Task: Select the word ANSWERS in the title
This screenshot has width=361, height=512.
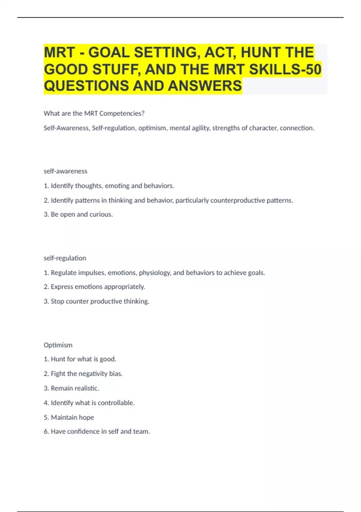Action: point(205,86)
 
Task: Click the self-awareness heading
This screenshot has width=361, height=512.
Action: point(65,171)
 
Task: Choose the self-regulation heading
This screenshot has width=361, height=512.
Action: point(65,258)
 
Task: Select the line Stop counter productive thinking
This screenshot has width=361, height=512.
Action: point(97,301)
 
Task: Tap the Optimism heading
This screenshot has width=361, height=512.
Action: point(58,345)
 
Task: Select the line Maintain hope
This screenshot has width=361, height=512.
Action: point(69,417)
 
